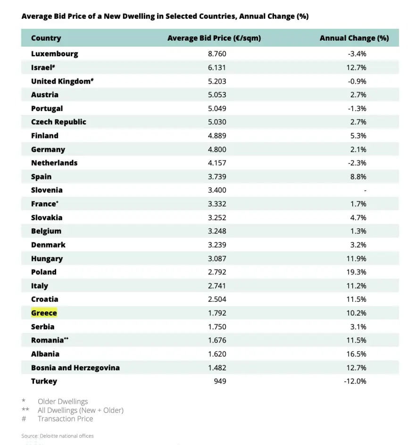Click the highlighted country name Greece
44,313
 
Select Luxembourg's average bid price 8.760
217,53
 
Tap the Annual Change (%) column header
354,38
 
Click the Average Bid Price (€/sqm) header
214,38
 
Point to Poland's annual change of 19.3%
357,272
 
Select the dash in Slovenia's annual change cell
365,190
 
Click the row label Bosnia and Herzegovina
75,368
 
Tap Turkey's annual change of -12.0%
355,381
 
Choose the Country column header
46,38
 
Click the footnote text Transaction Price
65,419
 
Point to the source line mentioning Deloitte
58,436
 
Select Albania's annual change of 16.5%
357,354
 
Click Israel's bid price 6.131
217,67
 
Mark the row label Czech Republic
58,122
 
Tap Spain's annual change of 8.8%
358,177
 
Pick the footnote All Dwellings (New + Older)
81,410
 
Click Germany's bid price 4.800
217,149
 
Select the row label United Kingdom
61,81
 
